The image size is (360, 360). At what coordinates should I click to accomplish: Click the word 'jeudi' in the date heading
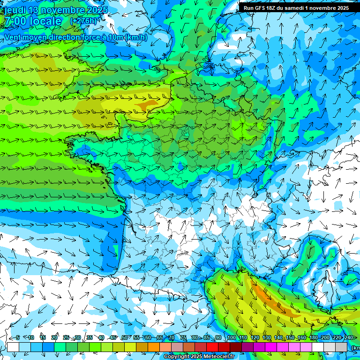[15, 10]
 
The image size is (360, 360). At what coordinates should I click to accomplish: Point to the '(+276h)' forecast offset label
[83, 21]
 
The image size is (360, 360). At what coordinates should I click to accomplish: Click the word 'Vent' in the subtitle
[13, 37]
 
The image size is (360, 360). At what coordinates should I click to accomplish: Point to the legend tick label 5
[18, 338]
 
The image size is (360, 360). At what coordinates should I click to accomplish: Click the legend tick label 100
[232, 338]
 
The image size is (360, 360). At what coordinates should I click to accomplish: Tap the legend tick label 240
[349, 338]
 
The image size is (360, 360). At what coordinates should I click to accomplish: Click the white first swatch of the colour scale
[13, 347]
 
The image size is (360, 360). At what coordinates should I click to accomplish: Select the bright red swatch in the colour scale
[212, 347]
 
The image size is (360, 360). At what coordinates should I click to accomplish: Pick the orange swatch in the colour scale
[154, 347]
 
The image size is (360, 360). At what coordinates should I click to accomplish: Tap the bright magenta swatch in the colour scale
[271, 347]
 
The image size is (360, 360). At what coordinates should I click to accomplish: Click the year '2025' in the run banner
[342, 8]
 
